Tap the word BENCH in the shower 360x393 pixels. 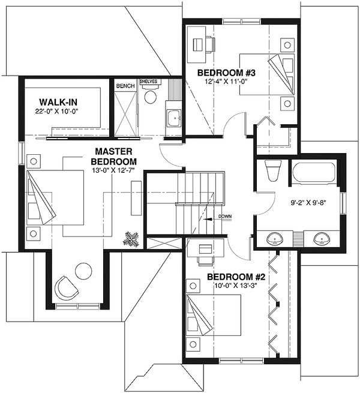tap(125, 86)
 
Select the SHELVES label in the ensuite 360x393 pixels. tap(148, 81)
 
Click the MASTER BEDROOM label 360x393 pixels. tap(113, 157)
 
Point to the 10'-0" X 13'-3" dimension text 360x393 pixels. tap(236, 287)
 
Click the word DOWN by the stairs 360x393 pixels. tap(225, 216)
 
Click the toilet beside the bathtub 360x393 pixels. tap(271, 171)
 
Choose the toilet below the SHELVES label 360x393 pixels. tap(149, 96)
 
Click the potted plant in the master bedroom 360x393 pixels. tap(131, 239)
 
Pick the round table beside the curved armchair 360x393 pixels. tap(83, 272)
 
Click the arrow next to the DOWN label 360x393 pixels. tap(209, 220)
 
